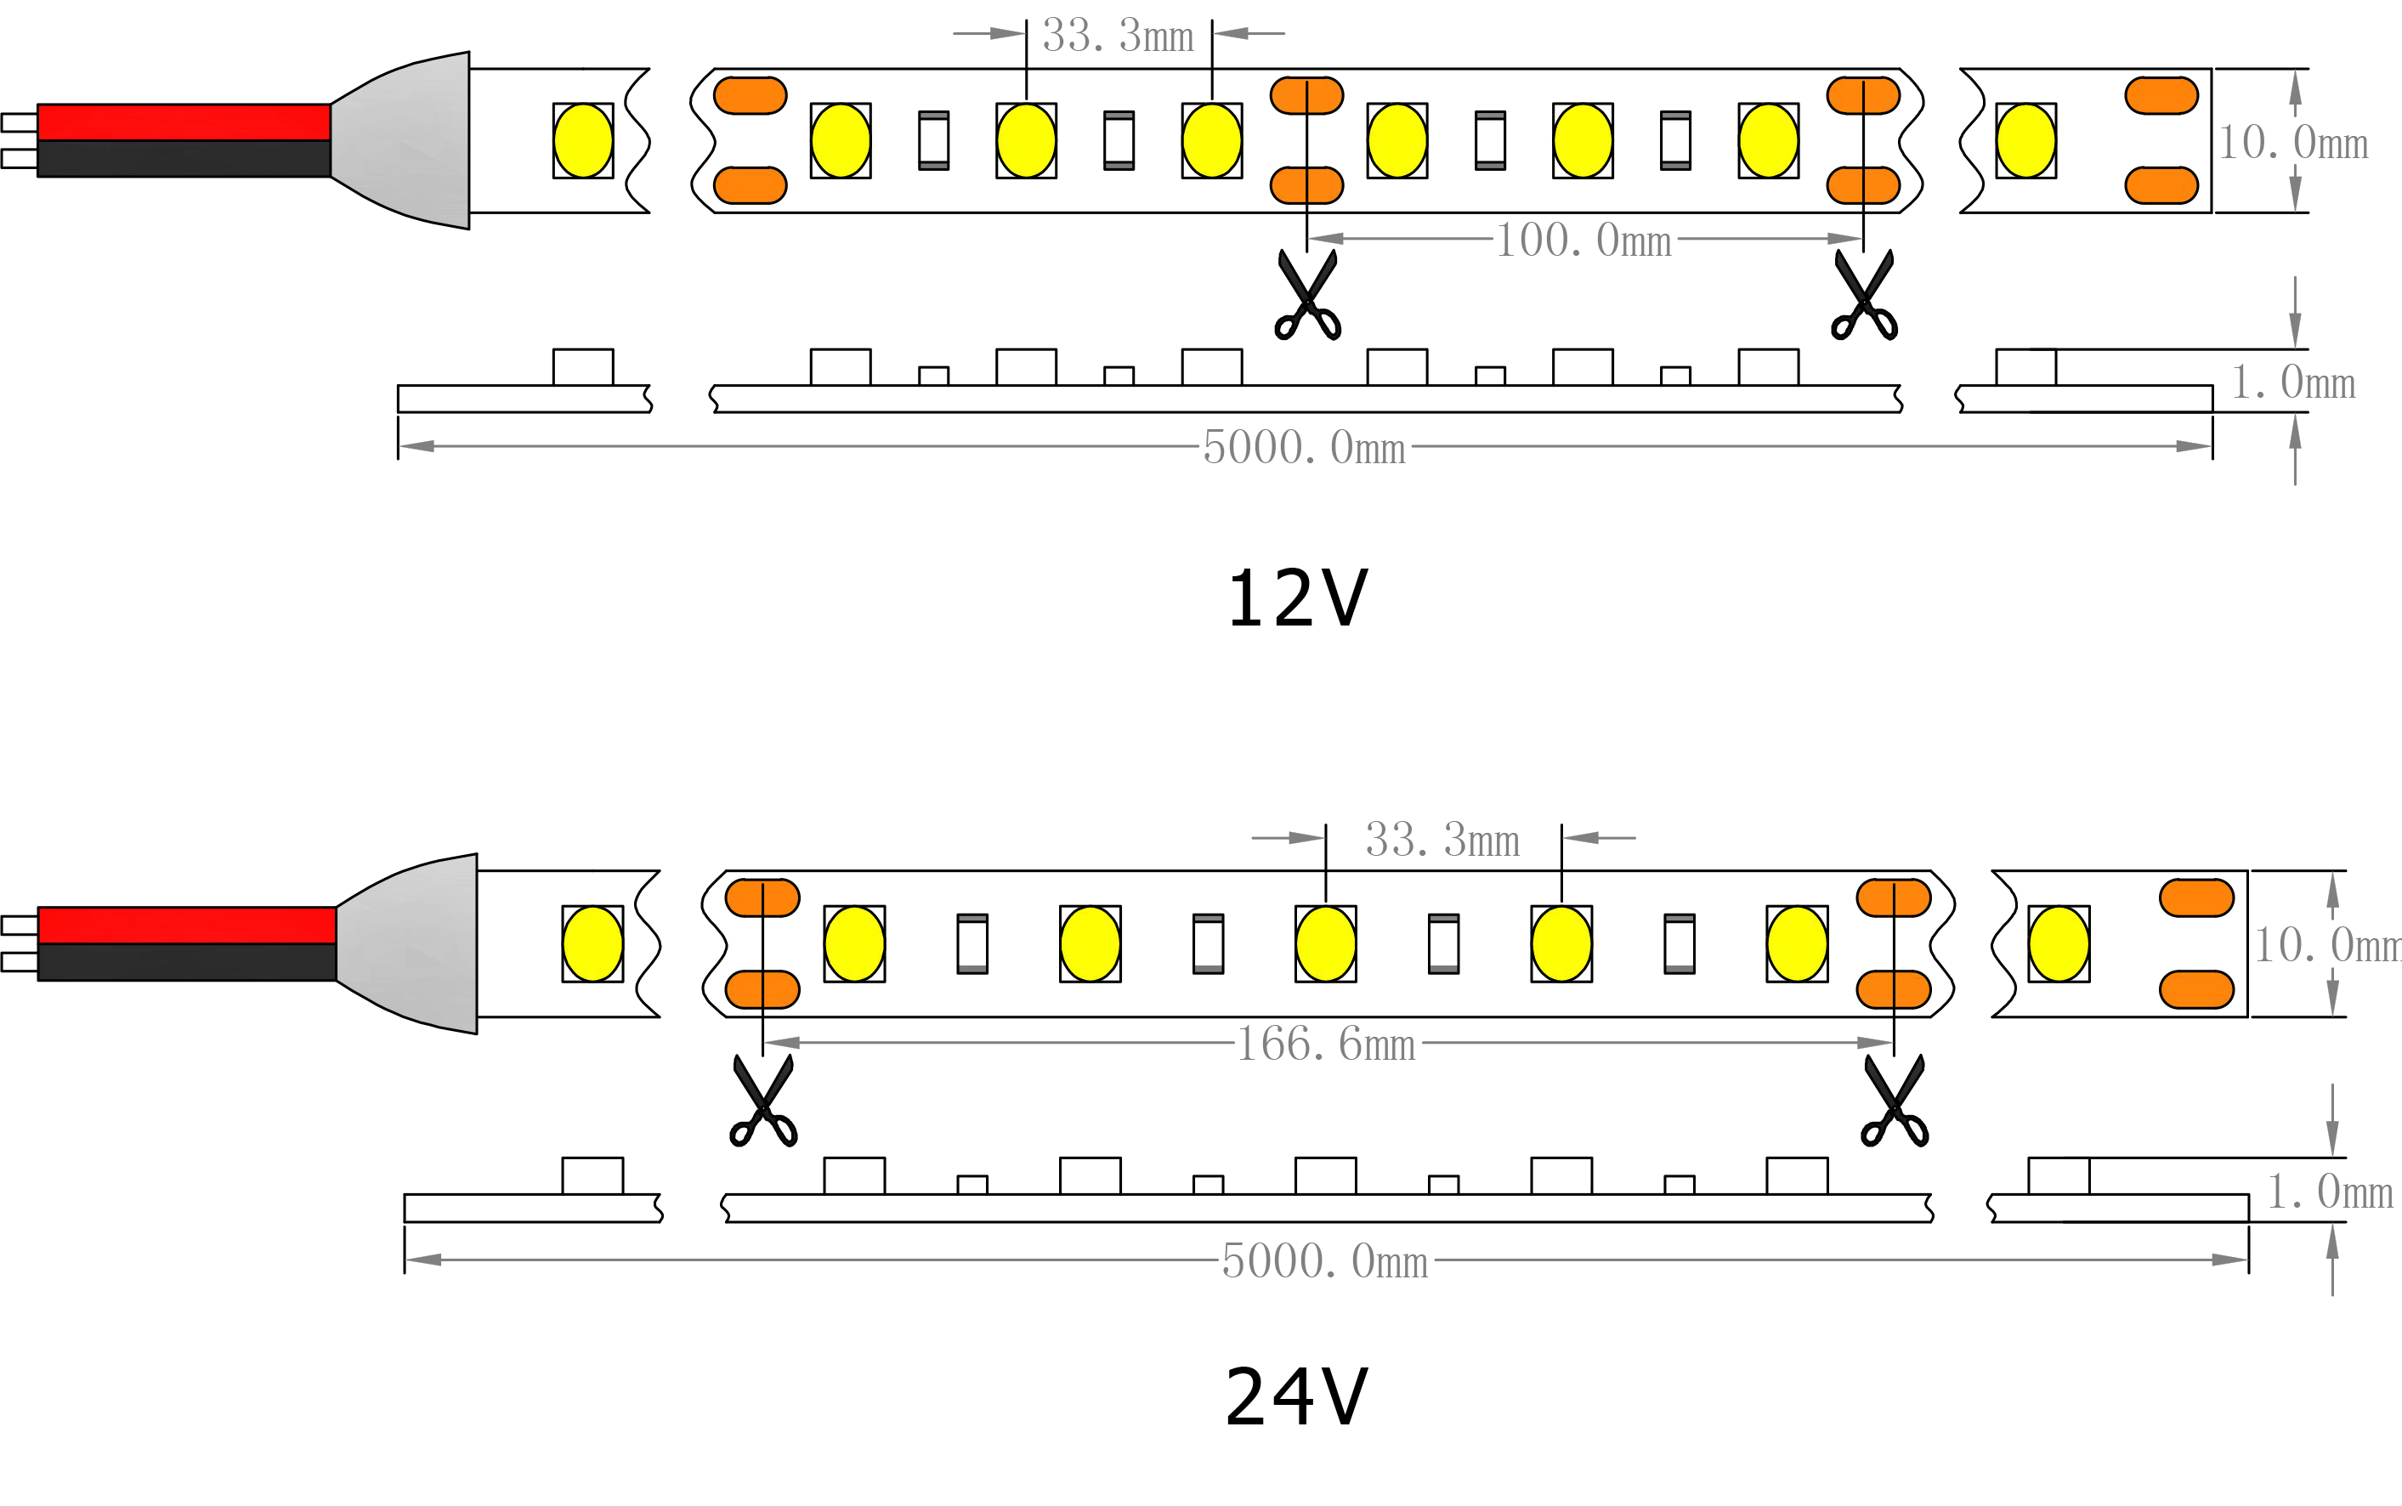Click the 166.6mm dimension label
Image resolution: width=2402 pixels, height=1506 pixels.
(x=1325, y=1045)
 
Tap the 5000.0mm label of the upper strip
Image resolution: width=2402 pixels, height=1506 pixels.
(x=1306, y=448)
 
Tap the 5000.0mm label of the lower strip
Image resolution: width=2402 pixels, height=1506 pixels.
(x=1324, y=1261)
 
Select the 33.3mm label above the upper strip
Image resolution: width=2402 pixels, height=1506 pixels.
(x=1118, y=37)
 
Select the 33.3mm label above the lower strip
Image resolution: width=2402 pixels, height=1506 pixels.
(x=1442, y=841)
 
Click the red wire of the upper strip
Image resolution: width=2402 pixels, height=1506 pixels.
(x=184, y=122)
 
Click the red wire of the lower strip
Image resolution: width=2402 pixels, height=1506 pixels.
(x=187, y=926)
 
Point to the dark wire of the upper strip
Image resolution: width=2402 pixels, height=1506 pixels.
(x=184, y=158)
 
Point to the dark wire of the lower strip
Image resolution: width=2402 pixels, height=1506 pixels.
(x=187, y=962)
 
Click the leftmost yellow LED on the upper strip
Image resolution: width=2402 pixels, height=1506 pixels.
(x=582, y=140)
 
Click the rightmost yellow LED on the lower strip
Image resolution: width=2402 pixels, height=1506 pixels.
(x=2059, y=943)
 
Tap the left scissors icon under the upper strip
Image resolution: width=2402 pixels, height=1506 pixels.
(x=1307, y=296)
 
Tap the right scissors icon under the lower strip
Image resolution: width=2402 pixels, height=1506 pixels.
(x=1893, y=1101)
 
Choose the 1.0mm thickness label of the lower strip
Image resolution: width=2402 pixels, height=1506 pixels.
(x=2329, y=1192)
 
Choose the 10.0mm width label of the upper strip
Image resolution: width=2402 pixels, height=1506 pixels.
(x=2293, y=147)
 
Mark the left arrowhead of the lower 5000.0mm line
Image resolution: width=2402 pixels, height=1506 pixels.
(x=424, y=1264)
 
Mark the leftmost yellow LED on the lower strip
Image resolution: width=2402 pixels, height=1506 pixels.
(x=592, y=943)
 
